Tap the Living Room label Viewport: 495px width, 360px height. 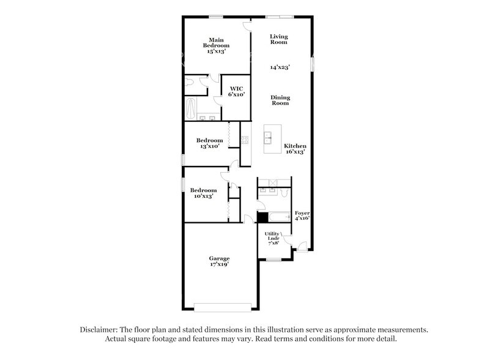pyautogui.click(x=279, y=40)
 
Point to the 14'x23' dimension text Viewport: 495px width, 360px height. pyautogui.click(x=280, y=67)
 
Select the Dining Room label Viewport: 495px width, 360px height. pyautogui.click(x=281, y=100)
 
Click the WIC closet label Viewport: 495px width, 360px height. pyautogui.click(x=236, y=92)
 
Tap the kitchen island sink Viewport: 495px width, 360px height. pyautogui.click(x=269, y=138)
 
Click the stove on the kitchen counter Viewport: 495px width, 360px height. pyautogui.click(x=245, y=140)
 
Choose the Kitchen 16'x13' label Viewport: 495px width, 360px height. pyautogui.click(x=294, y=148)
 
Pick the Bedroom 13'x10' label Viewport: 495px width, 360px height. pyautogui.click(x=207, y=143)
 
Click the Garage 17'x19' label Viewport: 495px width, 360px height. pyautogui.click(x=220, y=262)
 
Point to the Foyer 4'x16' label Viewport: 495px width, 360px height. pyautogui.click(x=302, y=215)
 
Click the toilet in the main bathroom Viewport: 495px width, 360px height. pyautogui.click(x=190, y=81)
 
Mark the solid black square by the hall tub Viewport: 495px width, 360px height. pyautogui.click(x=262, y=216)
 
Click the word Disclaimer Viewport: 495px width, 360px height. pyautogui.click(x=100, y=329)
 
